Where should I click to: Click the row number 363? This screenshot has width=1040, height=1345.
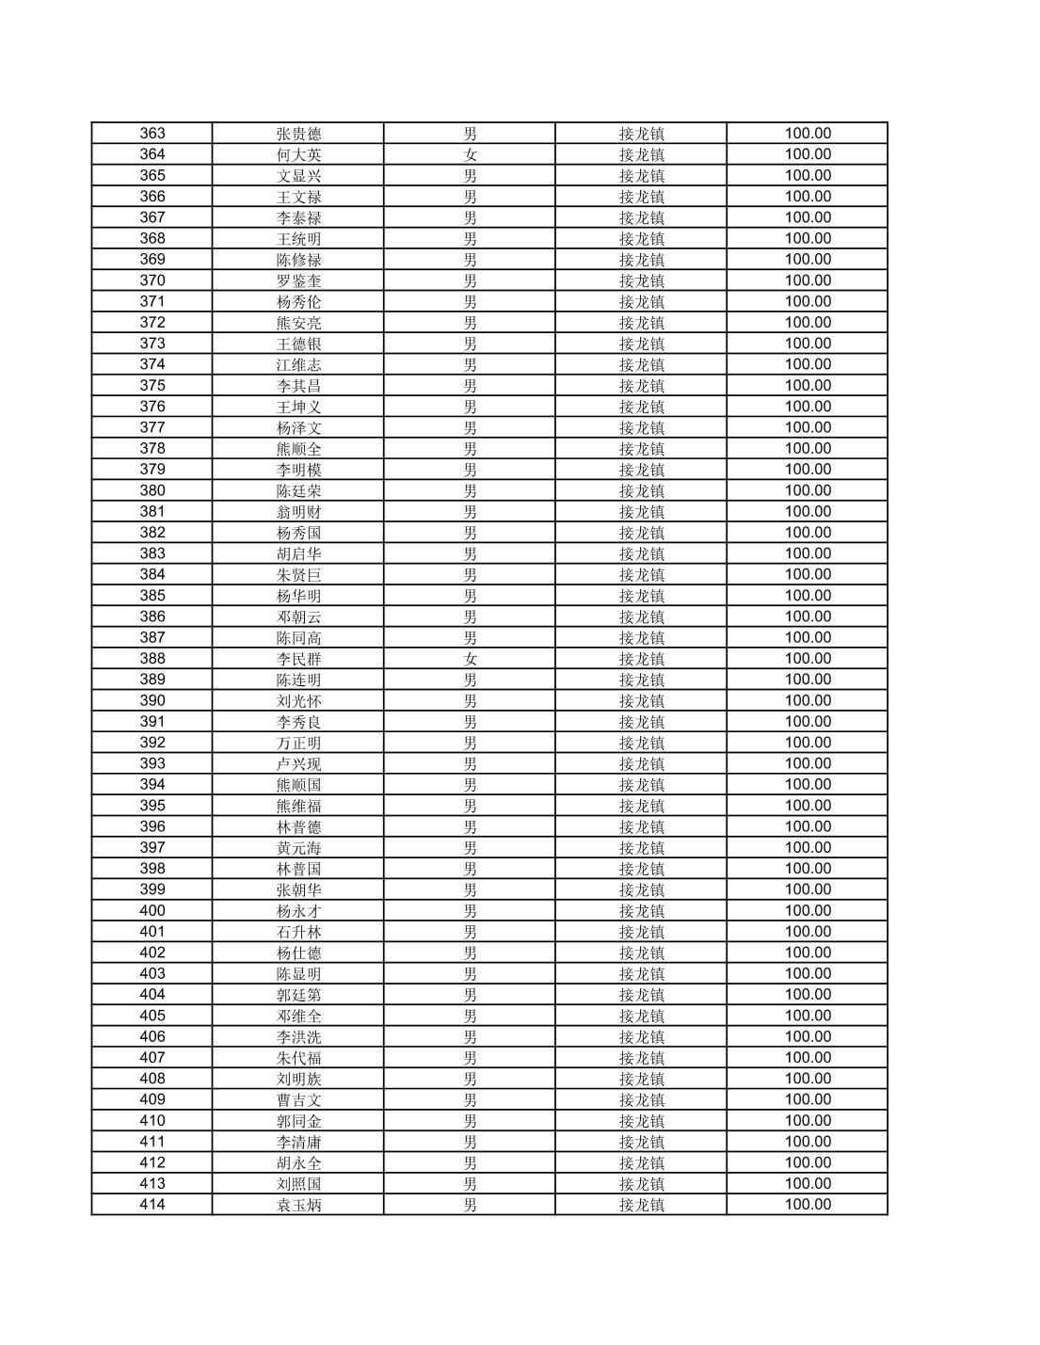[152, 134]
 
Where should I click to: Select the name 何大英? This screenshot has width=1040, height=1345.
[298, 155]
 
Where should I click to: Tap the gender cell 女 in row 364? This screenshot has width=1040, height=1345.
[470, 155]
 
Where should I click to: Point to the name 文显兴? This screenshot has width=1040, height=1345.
[298, 176]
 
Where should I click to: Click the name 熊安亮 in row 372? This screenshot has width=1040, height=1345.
[298, 323]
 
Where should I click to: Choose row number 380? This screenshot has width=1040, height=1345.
[152, 490]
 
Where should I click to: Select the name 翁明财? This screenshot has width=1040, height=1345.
[298, 512]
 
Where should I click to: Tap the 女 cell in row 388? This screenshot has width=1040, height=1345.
[470, 659]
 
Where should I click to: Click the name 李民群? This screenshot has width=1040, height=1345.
[298, 659]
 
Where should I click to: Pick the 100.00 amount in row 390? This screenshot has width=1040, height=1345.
[808, 700]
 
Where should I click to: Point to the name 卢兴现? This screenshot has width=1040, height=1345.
[298, 764]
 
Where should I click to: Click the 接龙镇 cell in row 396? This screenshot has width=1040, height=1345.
[641, 827]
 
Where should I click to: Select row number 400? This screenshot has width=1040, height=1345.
[152, 910]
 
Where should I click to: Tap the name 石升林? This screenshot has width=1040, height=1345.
[298, 932]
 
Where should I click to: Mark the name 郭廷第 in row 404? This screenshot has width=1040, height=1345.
[298, 995]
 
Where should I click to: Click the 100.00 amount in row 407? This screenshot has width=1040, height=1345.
[808, 1057]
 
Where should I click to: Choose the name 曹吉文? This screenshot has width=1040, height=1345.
[298, 1100]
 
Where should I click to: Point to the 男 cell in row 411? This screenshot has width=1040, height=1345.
[470, 1142]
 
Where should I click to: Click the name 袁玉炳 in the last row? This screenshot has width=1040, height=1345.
[298, 1205]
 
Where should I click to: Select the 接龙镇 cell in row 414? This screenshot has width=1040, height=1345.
[641, 1205]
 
